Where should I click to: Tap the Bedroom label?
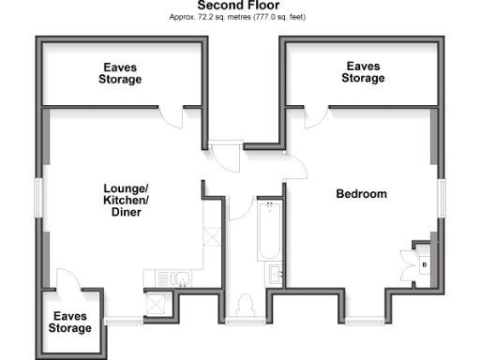[361, 194]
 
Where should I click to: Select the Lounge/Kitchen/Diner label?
[126, 201]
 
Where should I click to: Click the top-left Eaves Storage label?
[121, 73]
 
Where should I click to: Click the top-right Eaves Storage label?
[363, 72]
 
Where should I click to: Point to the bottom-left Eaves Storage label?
[71, 322]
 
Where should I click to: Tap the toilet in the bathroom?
[247, 305]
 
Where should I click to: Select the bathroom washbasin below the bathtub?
[276, 274]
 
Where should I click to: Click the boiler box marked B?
[425, 265]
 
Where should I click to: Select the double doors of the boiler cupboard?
[409, 264]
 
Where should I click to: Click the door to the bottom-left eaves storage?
[67, 280]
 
